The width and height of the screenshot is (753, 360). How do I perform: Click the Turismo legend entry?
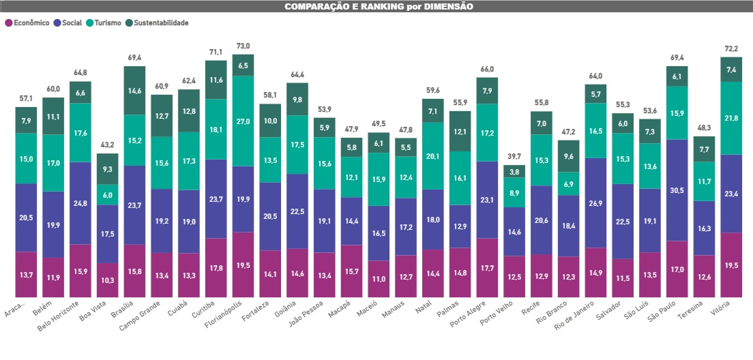pyautogui.click(x=104, y=22)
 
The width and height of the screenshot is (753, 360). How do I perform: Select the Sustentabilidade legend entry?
pyautogui.click(x=157, y=22)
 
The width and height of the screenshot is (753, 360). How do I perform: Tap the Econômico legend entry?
pyautogui.click(x=27, y=22)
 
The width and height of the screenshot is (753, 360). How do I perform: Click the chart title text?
pyautogui.click(x=379, y=6)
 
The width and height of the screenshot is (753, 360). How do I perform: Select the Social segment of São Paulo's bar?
pyautogui.click(x=677, y=190)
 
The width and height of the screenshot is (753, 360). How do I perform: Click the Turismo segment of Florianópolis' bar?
pyautogui.click(x=243, y=121)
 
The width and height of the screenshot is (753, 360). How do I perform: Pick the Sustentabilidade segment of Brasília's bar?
pyautogui.click(x=134, y=90)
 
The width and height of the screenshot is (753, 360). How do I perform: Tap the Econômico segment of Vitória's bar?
pyautogui.click(x=731, y=265)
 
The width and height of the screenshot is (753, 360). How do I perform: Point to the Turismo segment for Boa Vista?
pyautogui.click(x=108, y=195)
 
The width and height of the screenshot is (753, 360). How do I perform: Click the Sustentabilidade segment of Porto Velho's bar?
pyautogui.click(x=514, y=171)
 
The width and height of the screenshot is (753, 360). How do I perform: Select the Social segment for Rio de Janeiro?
pyautogui.click(x=595, y=203)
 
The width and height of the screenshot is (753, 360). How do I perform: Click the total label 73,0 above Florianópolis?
pyautogui.click(x=243, y=46)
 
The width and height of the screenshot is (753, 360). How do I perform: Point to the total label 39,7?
pyautogui.click(x=514, y=157)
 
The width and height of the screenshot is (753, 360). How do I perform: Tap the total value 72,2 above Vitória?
pyautogui.click(x=731, y=48)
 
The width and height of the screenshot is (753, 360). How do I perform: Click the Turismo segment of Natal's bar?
pyautogui.click(x=432, y=155)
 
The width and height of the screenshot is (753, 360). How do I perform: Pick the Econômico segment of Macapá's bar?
pyautogui.click(x=351, y=271)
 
